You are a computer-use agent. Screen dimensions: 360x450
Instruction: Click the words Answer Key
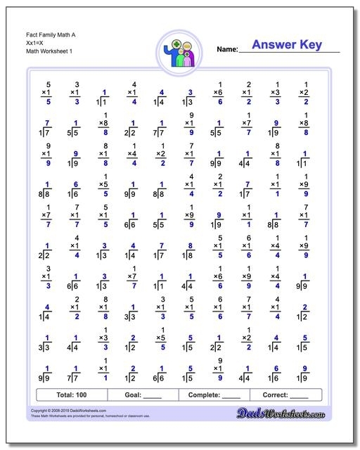point(286,45)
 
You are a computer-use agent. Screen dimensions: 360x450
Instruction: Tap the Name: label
point(226,49)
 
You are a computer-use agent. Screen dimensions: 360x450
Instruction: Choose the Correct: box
point(286,394)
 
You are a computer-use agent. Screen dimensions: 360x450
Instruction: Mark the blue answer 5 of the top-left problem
point(48,102)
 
